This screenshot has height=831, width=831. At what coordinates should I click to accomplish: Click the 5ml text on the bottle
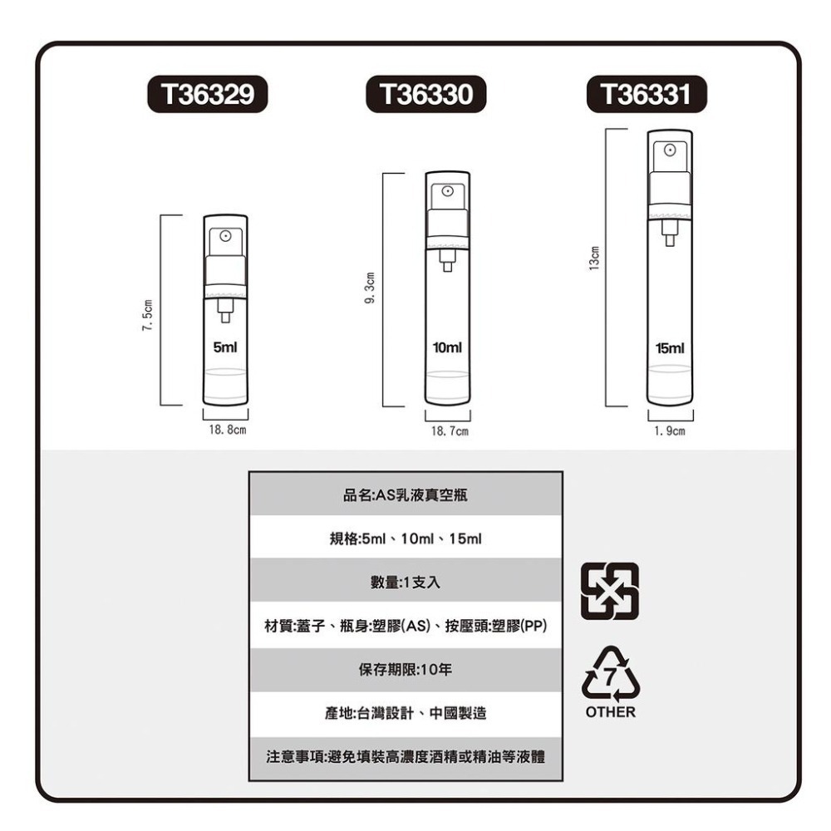pyautogui.click(x=225, y=347)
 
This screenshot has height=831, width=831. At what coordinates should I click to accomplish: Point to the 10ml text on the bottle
pyautogui.click(x=447, y=346)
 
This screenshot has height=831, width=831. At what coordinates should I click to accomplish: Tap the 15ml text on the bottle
pyautogui.click(x=670, y=346)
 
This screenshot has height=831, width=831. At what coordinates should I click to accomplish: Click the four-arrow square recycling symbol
pyautogui.click(x=609, y=592)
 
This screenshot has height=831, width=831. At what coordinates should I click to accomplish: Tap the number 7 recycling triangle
pyautogui.click(x=611, y=675)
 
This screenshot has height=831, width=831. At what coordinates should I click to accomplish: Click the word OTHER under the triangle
pyautogui.click(x=610, y=713)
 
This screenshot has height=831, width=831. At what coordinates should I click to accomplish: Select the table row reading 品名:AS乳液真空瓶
pyautogui.click(x=406, y=495)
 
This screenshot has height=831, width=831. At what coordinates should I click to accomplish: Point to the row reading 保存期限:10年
pyautogui.click(x=406, y=670)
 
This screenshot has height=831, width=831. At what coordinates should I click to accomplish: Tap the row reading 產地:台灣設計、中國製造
pyautogui.click(x=406, y=713)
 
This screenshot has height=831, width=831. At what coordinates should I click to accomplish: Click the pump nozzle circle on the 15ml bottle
pyautogui.click(x=670, y=151)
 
